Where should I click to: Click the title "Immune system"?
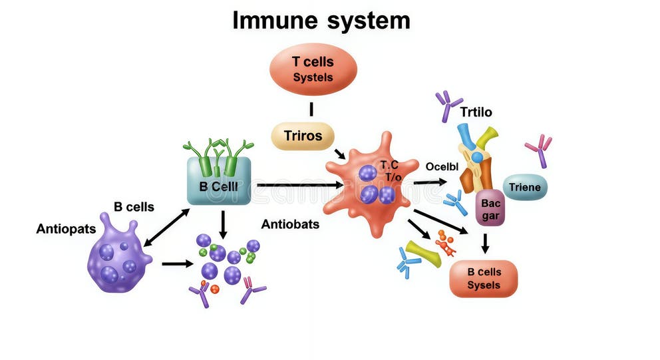[321, 20]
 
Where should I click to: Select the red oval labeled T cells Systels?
[313, 69]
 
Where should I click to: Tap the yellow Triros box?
[303, 136]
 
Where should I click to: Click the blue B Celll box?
[218, 184]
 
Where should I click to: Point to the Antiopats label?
[66, 229]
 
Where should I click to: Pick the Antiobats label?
[290, 224]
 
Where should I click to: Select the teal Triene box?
[525, 187]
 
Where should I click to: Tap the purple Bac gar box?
[490, 208]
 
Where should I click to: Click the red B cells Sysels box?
[484, 278]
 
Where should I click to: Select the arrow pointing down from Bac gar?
[485, 244]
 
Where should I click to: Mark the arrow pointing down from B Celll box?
[224, 223]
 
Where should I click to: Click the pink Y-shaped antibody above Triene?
[539, 150]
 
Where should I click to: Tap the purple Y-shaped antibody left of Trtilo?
[447, 105]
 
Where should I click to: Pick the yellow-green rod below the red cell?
[423, 254]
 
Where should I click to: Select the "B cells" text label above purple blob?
[134, 207]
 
